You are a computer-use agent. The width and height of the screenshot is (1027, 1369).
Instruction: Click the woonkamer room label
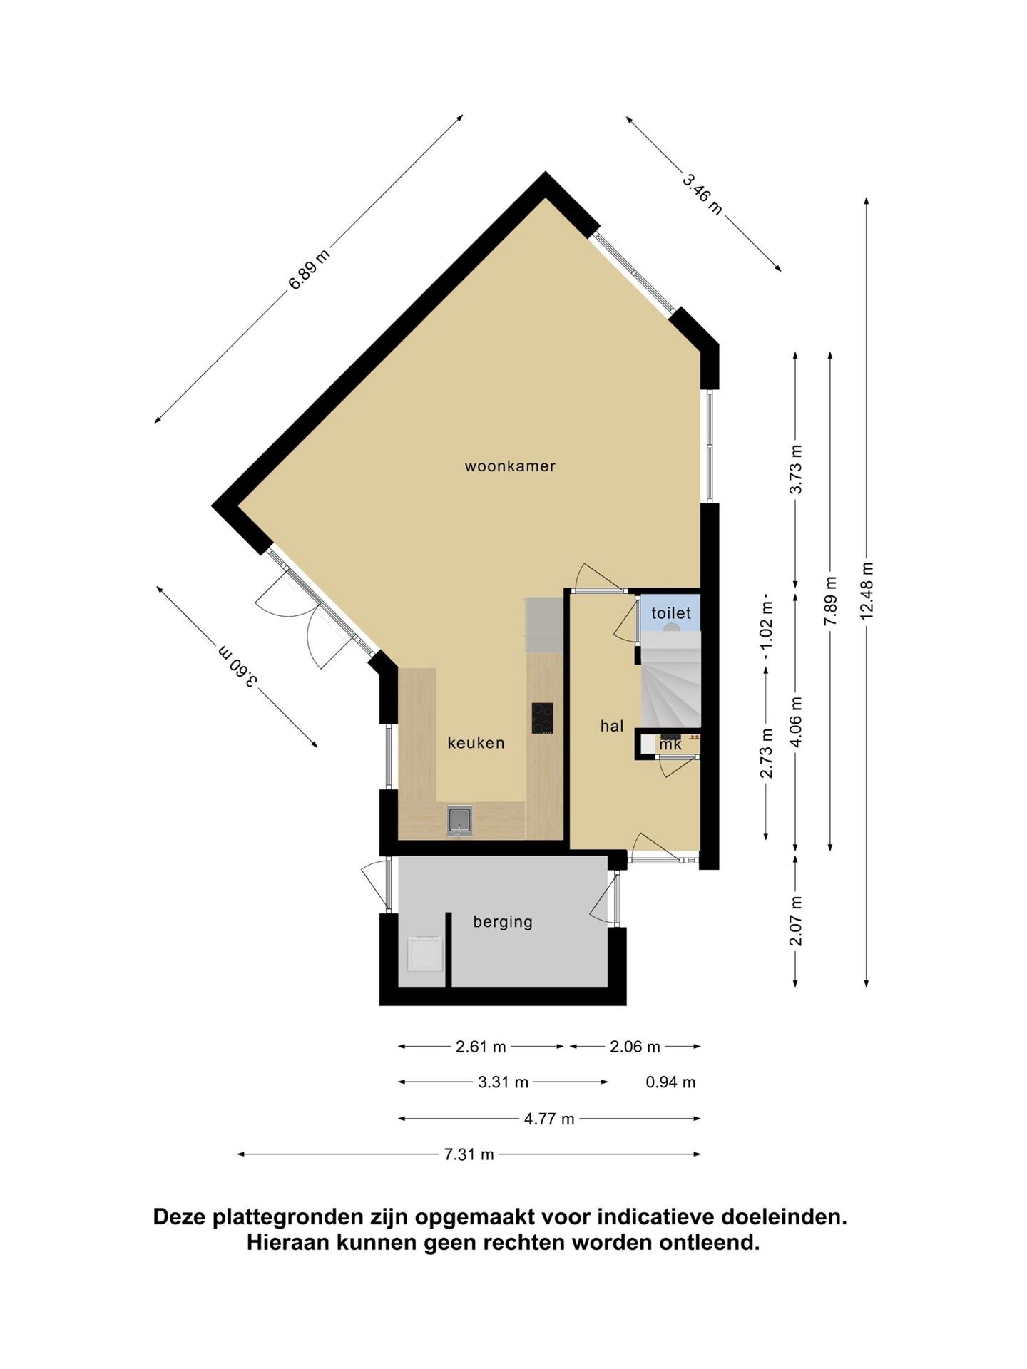click(x=510, y=466)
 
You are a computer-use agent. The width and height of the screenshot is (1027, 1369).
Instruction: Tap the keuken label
click(x=476, y=743)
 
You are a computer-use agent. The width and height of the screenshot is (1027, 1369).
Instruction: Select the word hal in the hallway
click(x=612, y=726)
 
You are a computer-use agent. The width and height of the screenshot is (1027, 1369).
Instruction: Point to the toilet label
click(x=671, y=612)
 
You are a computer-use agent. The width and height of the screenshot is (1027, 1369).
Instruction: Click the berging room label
click(x=503, y=922)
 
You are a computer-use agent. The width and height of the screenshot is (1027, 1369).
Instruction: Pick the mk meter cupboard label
click(x=670, y=744)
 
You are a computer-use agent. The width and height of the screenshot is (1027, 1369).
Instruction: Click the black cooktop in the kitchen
click(x=542, y=718)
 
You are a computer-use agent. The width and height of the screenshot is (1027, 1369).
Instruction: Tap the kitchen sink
click(x=460, y=820)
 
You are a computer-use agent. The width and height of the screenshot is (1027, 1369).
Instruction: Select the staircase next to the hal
click(x=670, y=681)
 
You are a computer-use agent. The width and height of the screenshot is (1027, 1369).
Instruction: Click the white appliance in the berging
click(x=424, y=953)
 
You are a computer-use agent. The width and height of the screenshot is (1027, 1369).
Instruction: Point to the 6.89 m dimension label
click(x=309, y=270)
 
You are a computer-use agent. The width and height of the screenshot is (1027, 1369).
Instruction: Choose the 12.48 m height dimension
click(x=867, y=591)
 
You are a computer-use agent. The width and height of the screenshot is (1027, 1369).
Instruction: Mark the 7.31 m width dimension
click(x=469, y=1154)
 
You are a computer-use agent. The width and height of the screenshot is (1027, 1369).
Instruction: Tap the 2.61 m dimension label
click(x=481, y=1047)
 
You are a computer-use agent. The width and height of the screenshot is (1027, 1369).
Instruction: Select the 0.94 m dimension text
click(x=670, y=1082)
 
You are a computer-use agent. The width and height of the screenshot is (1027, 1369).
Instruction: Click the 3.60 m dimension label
click(x=237, y=666)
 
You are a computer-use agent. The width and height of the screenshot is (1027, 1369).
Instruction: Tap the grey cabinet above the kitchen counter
click(x=544, y=625)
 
